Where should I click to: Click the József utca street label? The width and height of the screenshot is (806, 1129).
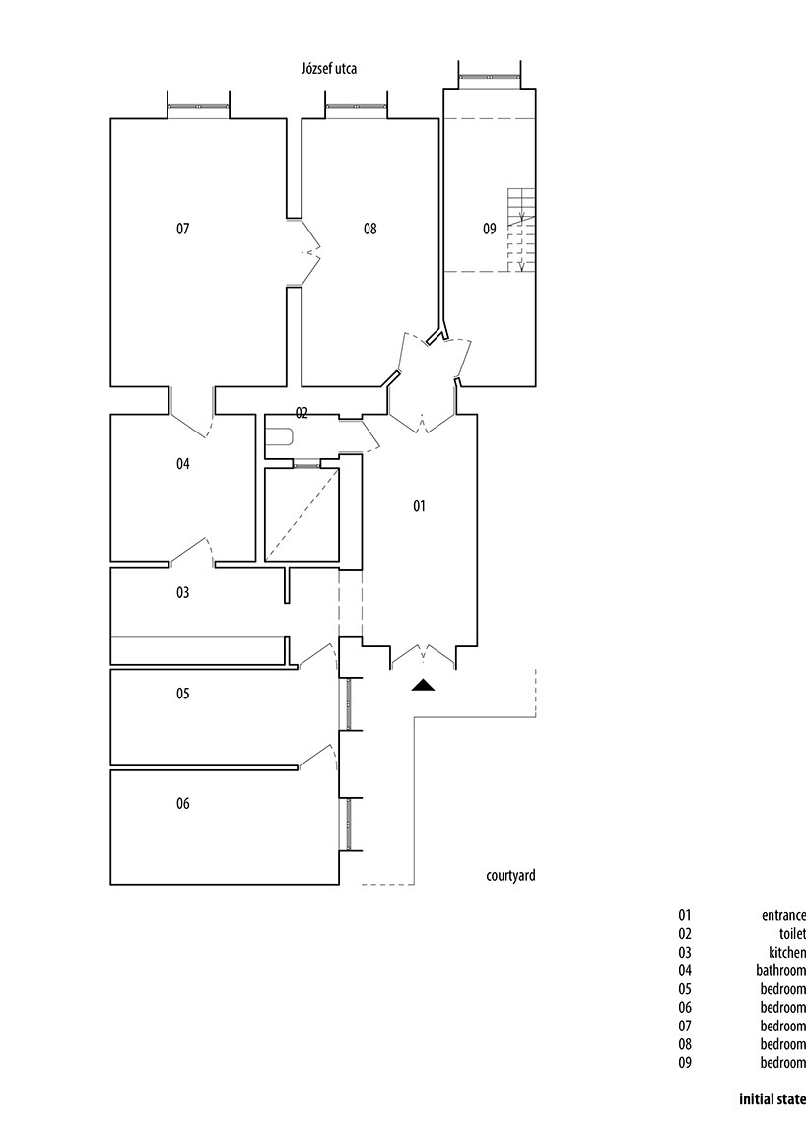tap(328, 69)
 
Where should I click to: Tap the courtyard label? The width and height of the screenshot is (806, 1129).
tap(510, 876)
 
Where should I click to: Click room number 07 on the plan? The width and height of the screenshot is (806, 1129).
tap(183, 229)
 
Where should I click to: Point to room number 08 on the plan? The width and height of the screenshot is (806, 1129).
tap(370, 229)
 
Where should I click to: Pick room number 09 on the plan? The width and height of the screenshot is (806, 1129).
tap(490, 229)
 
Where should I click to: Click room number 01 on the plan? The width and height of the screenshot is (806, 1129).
tap(419, 506)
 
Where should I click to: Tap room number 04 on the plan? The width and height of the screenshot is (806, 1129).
tap(183, 464)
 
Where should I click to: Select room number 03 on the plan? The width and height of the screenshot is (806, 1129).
tap(183, 592)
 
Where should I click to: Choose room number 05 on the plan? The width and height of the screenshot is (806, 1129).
tap(183, 693)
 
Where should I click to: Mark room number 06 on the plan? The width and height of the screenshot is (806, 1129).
tap(183, 803)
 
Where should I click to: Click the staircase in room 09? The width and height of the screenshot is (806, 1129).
tap(521, 230)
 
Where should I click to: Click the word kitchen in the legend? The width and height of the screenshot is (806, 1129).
tap(787, 952)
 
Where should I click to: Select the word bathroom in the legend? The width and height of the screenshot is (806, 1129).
tap(780, 970)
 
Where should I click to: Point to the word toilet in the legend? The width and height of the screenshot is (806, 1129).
tap(792, 933)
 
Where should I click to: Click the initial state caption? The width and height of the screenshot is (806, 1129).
tap(772, 1099)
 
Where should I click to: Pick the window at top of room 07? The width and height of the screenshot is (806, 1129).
tap(199, 106)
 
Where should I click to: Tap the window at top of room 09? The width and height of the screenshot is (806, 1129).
tap(489, 76)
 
